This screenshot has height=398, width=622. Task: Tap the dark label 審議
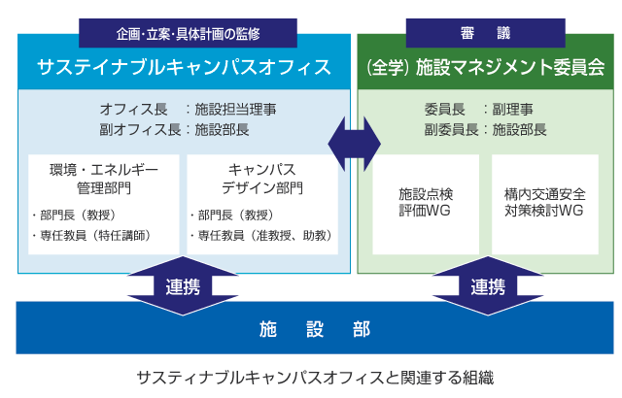pos(487,32)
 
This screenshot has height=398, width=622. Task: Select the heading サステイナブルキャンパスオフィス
pos(184,67)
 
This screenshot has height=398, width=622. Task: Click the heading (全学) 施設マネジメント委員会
pos(486,68)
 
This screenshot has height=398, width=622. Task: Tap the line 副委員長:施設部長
pos(485,127)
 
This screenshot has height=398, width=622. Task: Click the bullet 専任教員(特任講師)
pos(90,235)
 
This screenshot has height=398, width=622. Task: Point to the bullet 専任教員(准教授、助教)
pos(261,235)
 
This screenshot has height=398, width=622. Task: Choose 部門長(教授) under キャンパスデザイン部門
pos(232,215)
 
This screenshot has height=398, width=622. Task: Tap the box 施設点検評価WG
pos(426,202)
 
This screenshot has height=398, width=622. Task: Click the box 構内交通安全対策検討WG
pos(545,202)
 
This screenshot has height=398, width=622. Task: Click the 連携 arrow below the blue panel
pos(184,285)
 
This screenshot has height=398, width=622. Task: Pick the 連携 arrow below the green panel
pos(487,285)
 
